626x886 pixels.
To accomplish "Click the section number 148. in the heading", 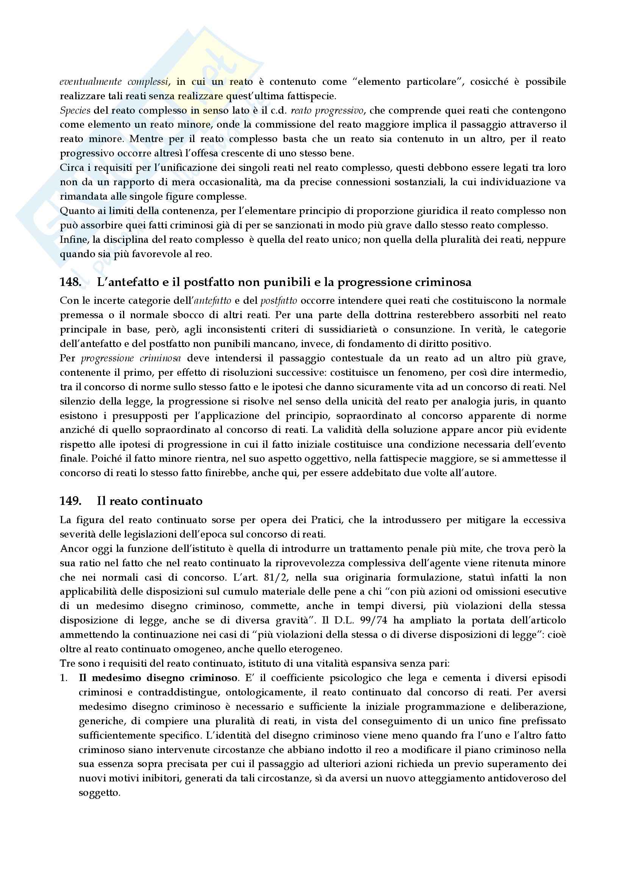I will pos(70,283).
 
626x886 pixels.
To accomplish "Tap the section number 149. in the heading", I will pos(70,501).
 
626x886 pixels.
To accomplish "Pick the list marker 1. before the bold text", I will pos(64,678).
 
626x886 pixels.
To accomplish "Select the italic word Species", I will pos(75,111).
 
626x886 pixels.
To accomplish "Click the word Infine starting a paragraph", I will pos(75,240).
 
